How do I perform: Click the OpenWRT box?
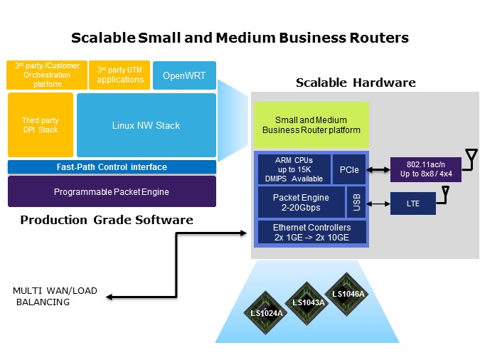(x=184, y=75)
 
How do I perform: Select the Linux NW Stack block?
(x=146, y=125)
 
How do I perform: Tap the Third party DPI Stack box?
(x=41, y=125)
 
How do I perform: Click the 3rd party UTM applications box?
(x=119, y=75)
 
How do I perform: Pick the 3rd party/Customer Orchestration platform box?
(x=47, y=75)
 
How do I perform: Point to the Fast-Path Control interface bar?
(x=112, y=167)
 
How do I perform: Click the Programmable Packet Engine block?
(x=112, y=191)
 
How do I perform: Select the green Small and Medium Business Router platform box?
(x=311, y=125)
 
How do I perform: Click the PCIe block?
(x=348, y=169)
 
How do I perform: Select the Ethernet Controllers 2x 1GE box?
(x=311, y=231)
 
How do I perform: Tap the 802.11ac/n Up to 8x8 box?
(x=425, y=169)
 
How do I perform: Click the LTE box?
(x=413, y=203)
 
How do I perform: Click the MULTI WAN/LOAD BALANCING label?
(x=55, y=296)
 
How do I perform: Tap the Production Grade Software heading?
(x=107, y=220)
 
